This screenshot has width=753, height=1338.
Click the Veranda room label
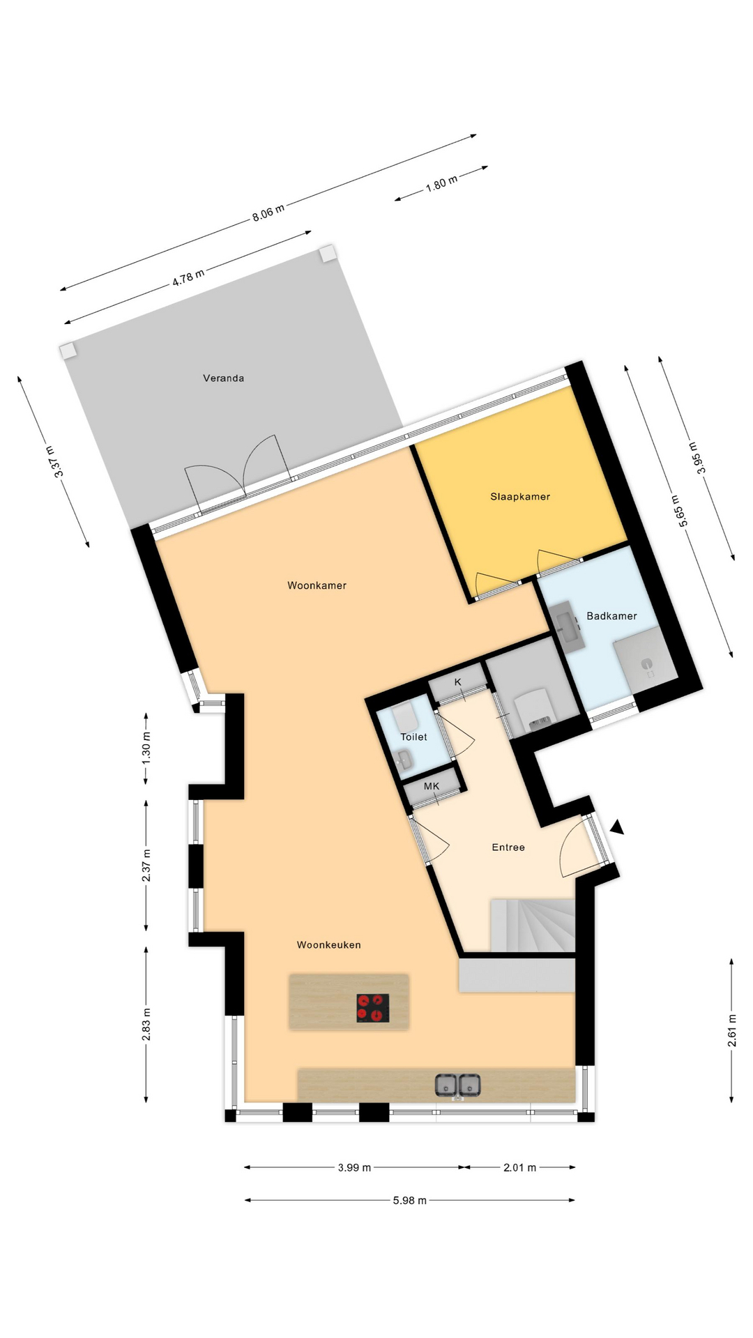coord(223,378)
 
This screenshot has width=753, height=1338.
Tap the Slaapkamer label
coord(520,497)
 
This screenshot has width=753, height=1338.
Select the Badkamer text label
coord(611,616)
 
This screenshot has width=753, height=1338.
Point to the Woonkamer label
coord(317,585)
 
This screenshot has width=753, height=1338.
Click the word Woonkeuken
coord(329,945)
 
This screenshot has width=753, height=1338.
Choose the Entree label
coord(508,847)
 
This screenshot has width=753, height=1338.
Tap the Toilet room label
coord(413,737)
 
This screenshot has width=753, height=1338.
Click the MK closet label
coord(432,786)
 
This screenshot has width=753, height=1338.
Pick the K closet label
coord(458,682)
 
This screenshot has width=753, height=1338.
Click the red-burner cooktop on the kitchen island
coord(373,1008)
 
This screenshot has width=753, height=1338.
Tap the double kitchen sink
coord(458,1085)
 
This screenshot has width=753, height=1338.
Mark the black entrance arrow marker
coord(617,827)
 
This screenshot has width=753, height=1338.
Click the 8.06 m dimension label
coord(268,213)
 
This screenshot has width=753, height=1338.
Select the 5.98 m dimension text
coord(410,1200)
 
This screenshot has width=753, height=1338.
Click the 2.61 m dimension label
coord(732,1031)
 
